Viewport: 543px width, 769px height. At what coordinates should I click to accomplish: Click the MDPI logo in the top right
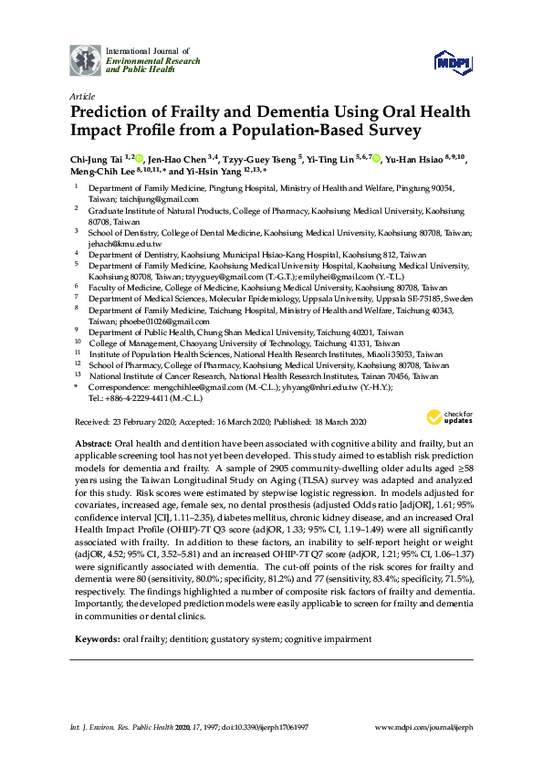453,61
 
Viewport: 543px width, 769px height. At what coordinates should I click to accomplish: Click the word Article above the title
81,94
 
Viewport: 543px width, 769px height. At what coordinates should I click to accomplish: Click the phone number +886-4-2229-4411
131,398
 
